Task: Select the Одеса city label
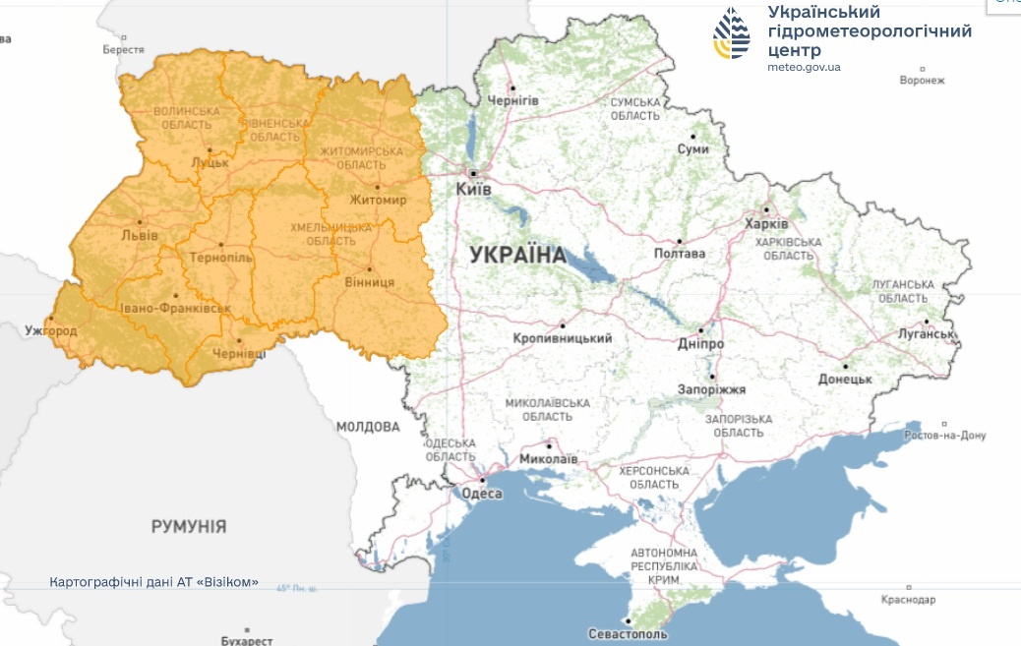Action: (x=482, y=494)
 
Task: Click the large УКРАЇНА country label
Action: (x=518, y=256)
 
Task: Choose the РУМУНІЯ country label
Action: (x=189, y=526)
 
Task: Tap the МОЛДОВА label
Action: (x=368, y=427)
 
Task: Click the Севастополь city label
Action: (x=628, y=633)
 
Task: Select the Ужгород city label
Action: (x=51, y=330)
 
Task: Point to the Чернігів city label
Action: (x=512, y=101)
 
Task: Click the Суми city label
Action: (x=692, y=148)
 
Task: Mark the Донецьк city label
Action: (x=845, y=378)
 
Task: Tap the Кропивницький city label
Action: (x=563, y=338)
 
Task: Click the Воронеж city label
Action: (x=922, y=81)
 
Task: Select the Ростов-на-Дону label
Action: (x=945, y=436)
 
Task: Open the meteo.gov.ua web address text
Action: (x=804, y=67)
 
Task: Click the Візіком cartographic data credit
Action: (x=154, y=581)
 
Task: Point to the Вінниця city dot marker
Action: (x=369, y=269)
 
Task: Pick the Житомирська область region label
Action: (x=362, y=158)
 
